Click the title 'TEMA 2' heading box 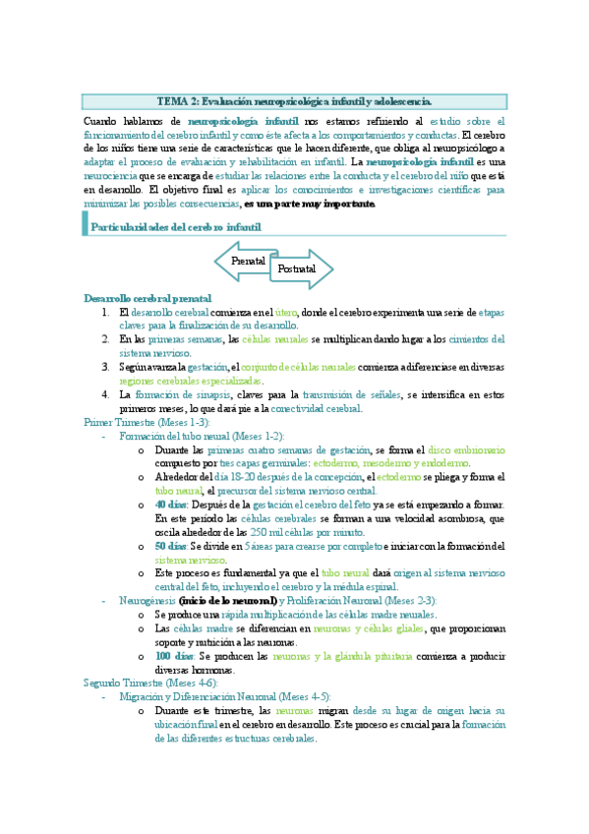(x=294, y=101)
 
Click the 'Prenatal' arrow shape (x=248, y=262)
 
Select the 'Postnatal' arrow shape (x=297, y=268)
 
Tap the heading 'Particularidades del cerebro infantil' (x=176, y=227)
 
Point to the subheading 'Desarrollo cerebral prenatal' (x=147, y=298)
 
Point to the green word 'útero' (x=286, y=312)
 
